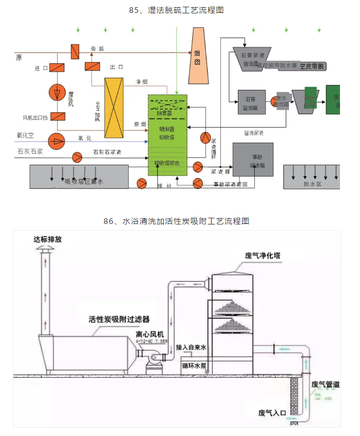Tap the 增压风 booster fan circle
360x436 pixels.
coord(57,93)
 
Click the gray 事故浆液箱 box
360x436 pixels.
coord(252,160)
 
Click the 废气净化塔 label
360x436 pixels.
coord(263,256)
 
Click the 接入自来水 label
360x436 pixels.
coord(191,348)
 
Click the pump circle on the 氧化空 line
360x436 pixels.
coord(55,139)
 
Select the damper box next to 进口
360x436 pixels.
coord(58,67)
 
